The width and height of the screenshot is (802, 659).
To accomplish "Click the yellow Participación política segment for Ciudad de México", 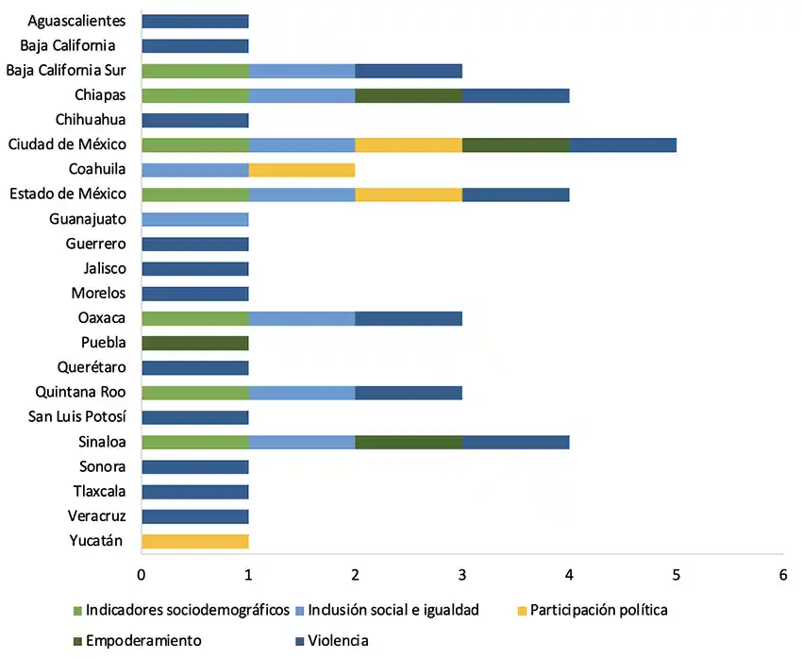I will click(409, 144).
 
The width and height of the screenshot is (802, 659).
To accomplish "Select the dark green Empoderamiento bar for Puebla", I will click(195, 343).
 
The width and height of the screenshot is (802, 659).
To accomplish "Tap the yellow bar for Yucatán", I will click(195, 541).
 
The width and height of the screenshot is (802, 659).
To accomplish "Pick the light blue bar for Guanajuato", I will click(195, 219).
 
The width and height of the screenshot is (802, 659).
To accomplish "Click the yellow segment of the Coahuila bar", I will click(302, 170).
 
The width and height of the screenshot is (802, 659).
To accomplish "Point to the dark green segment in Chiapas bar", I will click(409, 95).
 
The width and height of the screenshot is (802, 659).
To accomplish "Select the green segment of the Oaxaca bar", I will click(195, 318).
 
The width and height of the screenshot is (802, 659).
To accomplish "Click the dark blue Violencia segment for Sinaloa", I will click(515, 442).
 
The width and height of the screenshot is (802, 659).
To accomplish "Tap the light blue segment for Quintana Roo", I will click(302, 393).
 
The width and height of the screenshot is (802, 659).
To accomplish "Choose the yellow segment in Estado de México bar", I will click(409, 194).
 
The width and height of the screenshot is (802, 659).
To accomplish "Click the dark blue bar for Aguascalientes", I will click(195, 21).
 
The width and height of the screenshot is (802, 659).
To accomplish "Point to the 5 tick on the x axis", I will click(676, 573).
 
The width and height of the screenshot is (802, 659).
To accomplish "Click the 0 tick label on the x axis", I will click(142, 573).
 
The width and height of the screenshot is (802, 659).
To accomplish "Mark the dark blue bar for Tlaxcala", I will click(195, 491).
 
